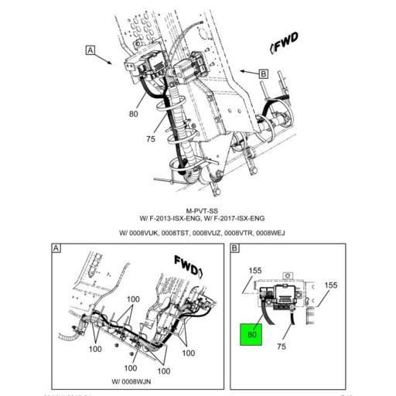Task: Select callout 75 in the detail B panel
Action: pyautogui.click(x=281, y=347)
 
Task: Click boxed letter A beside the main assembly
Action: pyautogui.click(x=90, y=51)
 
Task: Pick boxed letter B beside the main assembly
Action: pyautogui.click(x=262, y=73)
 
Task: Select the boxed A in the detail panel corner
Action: pyautogui.click(x=56, y=248)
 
